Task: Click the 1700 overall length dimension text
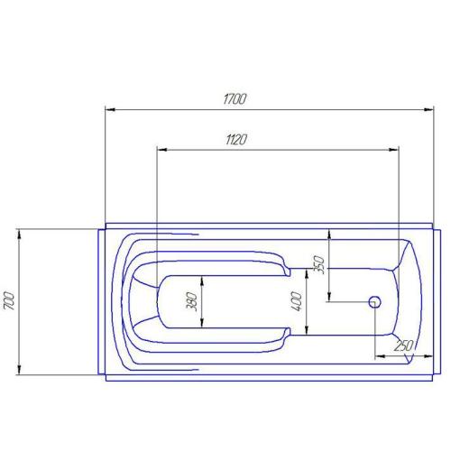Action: [x=234, y=99]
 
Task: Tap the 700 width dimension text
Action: [x=9, y=300]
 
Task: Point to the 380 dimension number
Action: [x=191, y=302]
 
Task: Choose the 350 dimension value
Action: [x=318, y=263]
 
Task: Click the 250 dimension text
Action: [x=401, y=345]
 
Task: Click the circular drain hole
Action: [x=375, y=301]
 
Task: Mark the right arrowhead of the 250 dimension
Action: [x=419, y=356]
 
